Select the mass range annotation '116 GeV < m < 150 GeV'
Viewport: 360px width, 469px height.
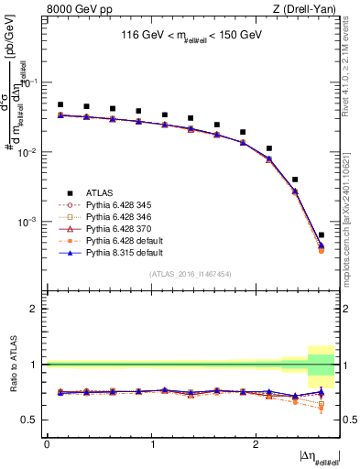pos(191,36)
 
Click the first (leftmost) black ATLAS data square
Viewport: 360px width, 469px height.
pos(60,104)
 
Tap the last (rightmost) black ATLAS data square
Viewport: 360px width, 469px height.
pos(321,235)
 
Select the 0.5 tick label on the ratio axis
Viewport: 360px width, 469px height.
pos(32,420)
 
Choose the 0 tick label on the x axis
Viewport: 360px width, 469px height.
pos(47,444)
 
